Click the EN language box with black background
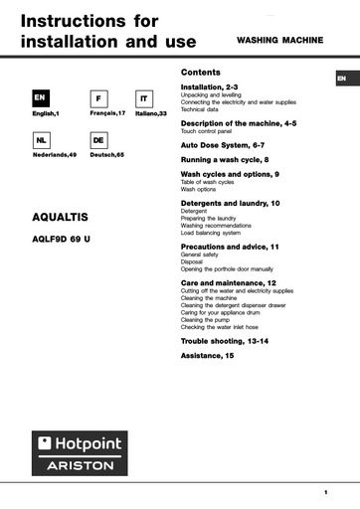(41, 99)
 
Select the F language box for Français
(98, 99)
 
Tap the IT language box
(143, 99)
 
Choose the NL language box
(41, 142)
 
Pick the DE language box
(98, 142)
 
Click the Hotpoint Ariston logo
(81, 452)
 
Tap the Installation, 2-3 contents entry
(211, 87)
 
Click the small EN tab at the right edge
(341, 79)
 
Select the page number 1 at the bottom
(325, 492)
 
